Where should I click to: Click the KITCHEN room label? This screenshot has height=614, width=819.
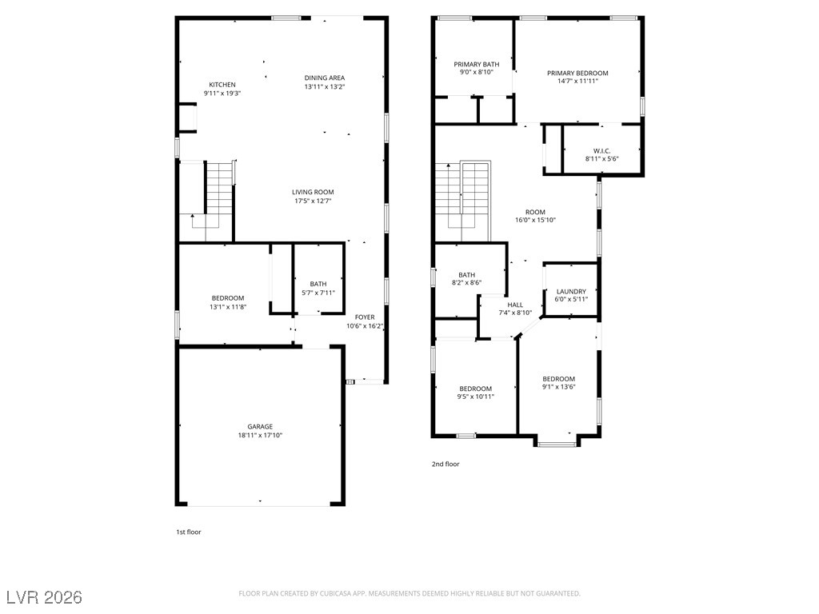point(222,85)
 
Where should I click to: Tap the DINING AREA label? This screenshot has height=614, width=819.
point(324,78)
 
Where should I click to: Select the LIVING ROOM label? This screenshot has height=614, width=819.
point(313,192)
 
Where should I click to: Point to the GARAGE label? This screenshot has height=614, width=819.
point(260,426)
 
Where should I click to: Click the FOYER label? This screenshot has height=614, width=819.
point(365,317)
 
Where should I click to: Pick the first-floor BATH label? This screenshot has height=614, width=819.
point(318,284)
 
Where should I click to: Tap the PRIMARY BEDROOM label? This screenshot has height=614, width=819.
point(577,73)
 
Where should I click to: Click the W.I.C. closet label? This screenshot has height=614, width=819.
point(602,150)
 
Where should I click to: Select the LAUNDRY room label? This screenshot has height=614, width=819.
point(571,292)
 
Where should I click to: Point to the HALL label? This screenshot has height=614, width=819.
point(515,305)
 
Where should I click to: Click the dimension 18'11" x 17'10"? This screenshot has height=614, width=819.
point(260,436)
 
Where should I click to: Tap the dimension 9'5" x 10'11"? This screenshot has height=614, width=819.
point(475,397)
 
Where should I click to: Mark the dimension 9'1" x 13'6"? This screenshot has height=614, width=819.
point(558,387)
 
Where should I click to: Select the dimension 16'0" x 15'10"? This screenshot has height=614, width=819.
point(535,220)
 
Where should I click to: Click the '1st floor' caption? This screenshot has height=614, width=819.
point(189,532)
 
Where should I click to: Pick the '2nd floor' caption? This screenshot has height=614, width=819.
point(445,464)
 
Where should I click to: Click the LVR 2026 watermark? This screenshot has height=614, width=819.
point(45,597)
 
